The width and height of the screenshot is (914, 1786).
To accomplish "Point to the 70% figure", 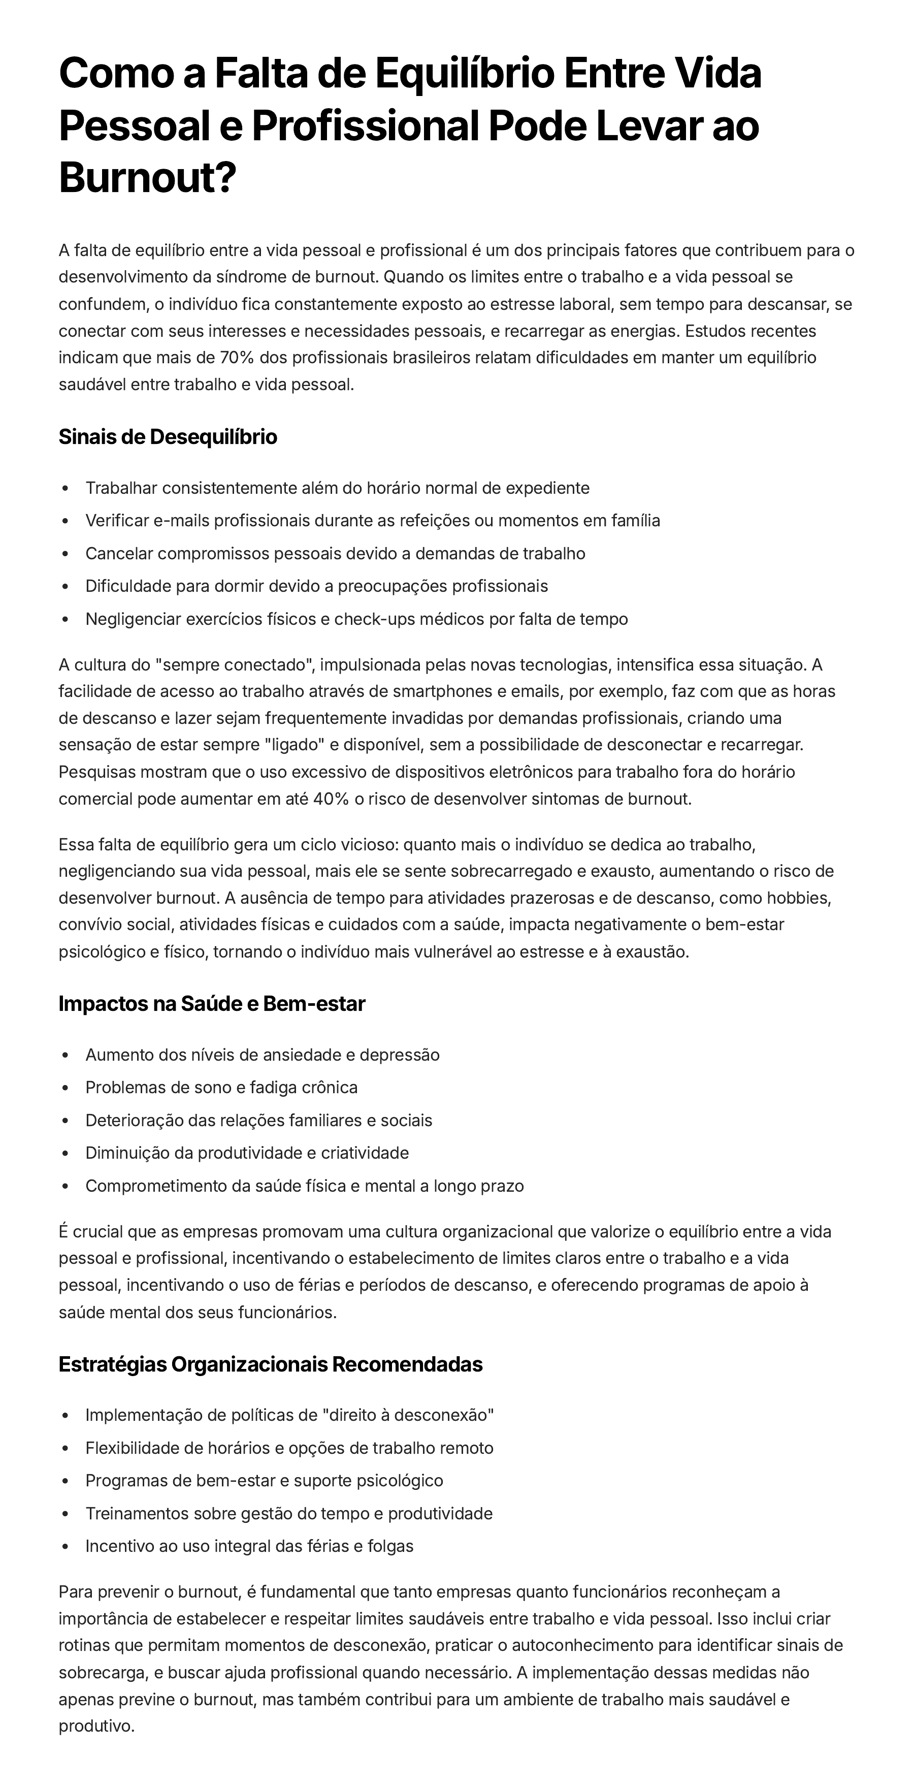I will [x=238, y=358].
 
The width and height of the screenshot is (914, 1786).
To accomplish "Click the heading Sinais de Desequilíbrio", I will [x=168, y=437].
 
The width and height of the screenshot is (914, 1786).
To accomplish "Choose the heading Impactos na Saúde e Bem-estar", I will [x=211, y=1003].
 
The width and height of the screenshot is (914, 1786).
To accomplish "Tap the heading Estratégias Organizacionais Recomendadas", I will [x=270, y=1364].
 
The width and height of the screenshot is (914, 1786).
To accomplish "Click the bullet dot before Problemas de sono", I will [x=65, y=1088].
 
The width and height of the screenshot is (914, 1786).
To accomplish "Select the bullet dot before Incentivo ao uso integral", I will [x=65, y=1547].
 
